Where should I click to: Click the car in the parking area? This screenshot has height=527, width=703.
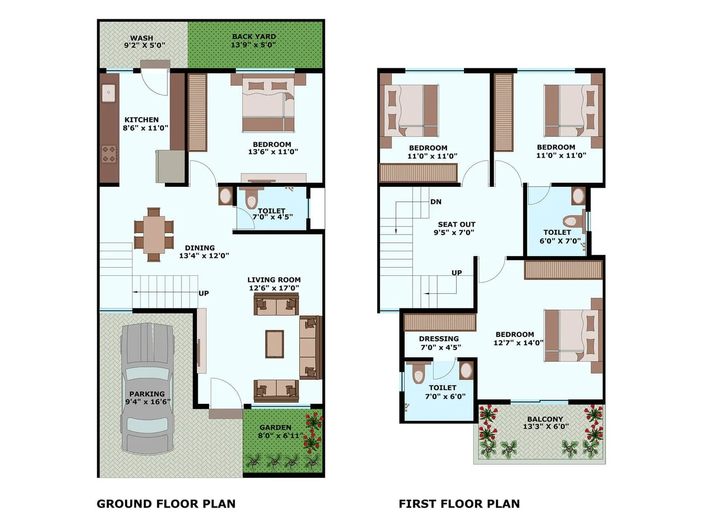[x=147, y=389]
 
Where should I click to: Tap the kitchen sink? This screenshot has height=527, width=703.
[x=109, y=93]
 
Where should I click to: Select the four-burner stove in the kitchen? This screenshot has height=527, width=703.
[x=109, y=154]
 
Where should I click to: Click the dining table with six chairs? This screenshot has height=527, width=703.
[x=154, y=235]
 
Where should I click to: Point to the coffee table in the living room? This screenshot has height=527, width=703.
[x=274, y=344]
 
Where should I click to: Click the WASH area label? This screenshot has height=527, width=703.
[x=141, y=38]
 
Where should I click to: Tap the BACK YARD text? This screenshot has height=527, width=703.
[x=254, y=36]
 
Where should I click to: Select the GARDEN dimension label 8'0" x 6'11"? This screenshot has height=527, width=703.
[x=280, y=436]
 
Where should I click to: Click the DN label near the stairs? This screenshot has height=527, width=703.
[x=436, y=202]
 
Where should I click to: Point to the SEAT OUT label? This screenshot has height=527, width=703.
[x=457, y=224]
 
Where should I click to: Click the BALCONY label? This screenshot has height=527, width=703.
[x=545, y=419]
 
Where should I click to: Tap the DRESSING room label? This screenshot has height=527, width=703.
[x=438, y=339]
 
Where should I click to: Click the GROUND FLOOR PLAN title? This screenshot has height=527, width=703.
[x=166, y=504]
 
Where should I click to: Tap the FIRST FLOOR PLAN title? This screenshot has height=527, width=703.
[x=459, y=504]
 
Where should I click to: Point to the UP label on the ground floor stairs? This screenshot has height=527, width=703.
[x=203, y=293]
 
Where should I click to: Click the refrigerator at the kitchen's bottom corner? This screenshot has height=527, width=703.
[x=170, y=166]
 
